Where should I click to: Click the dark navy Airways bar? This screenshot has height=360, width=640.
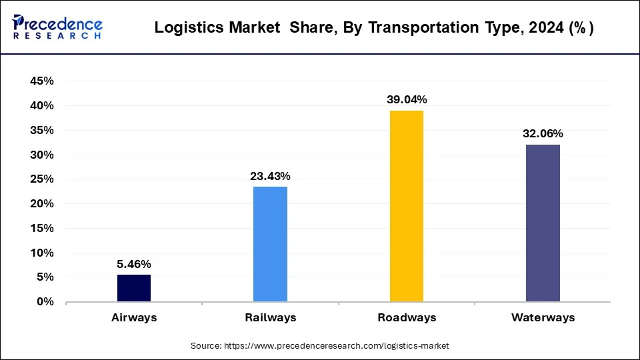point(134,288)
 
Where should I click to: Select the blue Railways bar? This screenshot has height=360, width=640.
point(270,244)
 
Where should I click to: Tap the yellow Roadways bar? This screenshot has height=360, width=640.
point(406,206)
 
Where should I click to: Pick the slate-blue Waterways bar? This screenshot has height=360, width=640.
point(543,223)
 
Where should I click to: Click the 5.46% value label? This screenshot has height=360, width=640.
point(134,264)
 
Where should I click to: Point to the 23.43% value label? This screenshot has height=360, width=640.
point(270,176)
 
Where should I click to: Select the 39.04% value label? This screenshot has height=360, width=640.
point(407,99)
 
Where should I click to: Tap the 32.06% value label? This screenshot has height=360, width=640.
point(543,133)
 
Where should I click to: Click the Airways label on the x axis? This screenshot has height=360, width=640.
point(134,318)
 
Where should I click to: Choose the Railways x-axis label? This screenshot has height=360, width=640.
point(270,318)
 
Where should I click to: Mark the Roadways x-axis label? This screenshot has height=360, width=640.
point(407,318)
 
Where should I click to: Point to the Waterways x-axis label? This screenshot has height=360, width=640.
point(543,318)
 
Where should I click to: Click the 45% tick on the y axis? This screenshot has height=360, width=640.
point(42,81)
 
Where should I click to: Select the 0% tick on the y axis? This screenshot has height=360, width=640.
point(45,302)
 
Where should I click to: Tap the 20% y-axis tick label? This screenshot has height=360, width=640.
point(42,204)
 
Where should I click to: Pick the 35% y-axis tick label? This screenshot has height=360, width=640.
point(42,131)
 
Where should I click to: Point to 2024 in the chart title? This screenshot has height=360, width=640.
point(541,28)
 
